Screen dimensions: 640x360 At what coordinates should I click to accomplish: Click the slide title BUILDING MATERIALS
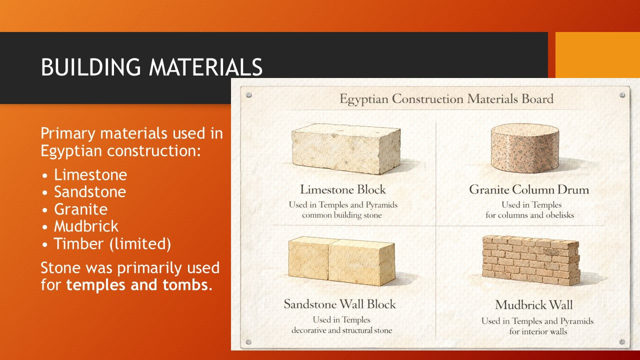[x=151, y=67]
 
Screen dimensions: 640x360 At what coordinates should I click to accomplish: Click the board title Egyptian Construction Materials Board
[x=446, y=99]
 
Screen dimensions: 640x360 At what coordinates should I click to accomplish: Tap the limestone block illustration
[x=345, y=149]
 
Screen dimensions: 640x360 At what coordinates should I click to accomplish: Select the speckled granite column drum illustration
[x=525, y=148]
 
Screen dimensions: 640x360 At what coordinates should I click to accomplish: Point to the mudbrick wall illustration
[x=531, y=260]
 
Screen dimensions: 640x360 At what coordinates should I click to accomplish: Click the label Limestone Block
[x=343, y=189]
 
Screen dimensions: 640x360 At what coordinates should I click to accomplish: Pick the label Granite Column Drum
[x=529, y=189]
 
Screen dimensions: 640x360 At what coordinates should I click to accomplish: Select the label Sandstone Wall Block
[x=339, y=304]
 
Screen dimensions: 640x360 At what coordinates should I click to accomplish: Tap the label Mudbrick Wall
[x=534, y=304]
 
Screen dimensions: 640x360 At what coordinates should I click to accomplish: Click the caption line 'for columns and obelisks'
[x=529, y=215]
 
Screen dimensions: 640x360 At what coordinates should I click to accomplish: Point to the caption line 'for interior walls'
[x=538, y=331]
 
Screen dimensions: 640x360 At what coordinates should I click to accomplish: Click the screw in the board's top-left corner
[x=249, y=95]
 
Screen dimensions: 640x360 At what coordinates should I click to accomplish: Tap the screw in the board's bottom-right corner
[x=622, y=341]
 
